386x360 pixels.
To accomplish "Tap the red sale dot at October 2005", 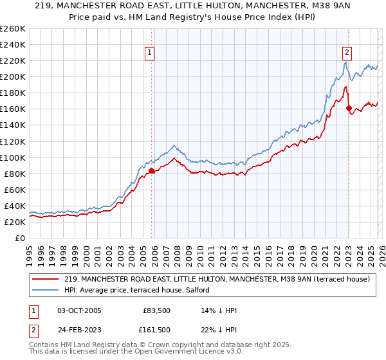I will click(152, 170).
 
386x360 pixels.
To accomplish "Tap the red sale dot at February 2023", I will click(349, 108).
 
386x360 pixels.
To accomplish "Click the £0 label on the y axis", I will click(19, 238).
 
